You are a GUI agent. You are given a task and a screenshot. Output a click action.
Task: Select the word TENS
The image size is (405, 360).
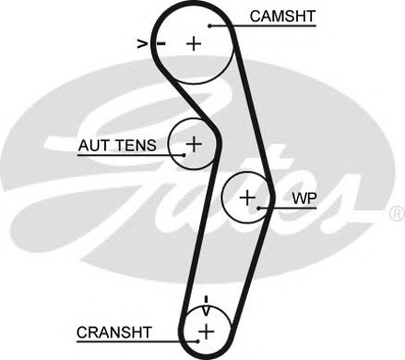click(139, 145)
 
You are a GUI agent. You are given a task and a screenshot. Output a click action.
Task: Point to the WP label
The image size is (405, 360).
click(303, 198)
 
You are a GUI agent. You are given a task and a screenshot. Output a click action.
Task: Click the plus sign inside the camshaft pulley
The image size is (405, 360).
click(194, 42)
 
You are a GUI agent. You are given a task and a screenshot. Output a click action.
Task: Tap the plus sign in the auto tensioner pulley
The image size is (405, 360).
click(194, 144)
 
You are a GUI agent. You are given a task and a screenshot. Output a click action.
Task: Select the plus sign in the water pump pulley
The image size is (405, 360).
click(246, 197)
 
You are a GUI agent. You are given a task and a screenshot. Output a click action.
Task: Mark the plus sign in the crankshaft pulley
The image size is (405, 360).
click(206, 330)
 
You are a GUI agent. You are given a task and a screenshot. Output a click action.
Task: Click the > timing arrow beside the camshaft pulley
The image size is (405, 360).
click(143, 42)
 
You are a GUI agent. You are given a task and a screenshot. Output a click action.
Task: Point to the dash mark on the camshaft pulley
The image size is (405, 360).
click(161, 42)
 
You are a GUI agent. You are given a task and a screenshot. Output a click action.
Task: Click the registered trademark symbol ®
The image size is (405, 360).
click(396, 213)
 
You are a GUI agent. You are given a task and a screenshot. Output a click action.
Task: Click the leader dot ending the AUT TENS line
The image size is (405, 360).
click(184, 154)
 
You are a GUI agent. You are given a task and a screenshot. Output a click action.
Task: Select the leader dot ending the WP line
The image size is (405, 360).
click(261, 208)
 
